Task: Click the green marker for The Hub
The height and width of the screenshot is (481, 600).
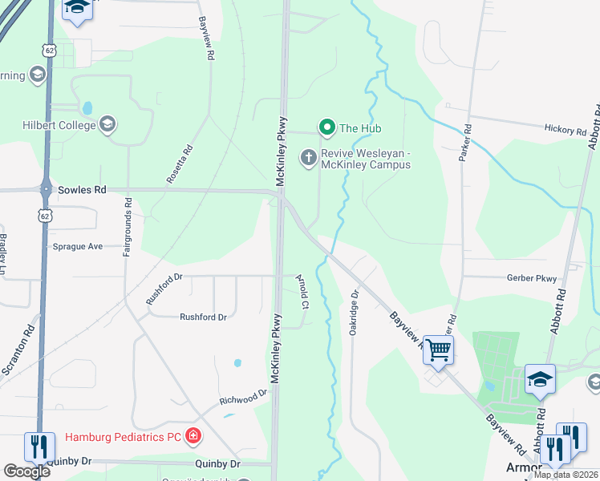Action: pos(326,127)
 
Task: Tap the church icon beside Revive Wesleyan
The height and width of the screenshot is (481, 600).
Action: pos(308,158)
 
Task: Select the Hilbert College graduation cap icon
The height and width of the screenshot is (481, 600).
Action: pos(108,124)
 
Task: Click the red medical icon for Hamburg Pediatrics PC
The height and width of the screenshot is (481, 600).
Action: pos(193,436)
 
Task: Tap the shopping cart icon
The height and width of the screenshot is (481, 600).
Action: pos(438,350)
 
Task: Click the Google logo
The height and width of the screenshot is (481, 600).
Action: pos(26,471)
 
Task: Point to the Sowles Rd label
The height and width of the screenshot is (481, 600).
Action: pos(82,190)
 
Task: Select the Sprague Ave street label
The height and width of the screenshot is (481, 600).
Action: pos(77,246)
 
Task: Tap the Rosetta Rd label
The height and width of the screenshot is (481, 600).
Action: pos(180,164)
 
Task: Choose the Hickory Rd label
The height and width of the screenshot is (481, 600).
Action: pos(566,130)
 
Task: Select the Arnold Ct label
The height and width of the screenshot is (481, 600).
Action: pos(302,292)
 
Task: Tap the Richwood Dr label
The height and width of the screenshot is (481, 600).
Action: pos(243,398)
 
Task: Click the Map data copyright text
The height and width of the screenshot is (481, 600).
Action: pos(566,475)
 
